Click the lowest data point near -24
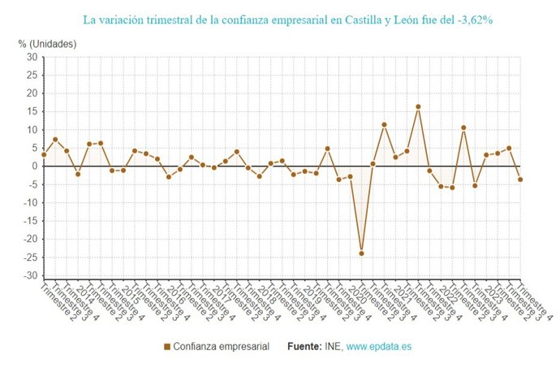coord(361,253)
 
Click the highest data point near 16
coord(418,106)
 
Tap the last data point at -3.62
coord(519,180)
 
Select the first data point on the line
coord(44,154)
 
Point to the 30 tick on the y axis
coord(31,57)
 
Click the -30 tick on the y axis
coord(29,276)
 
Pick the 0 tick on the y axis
coord(34,167)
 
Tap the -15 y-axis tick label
coord(29,221)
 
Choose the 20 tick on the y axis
coord(31,93)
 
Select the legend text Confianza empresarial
coord(221,347)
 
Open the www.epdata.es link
coord(379,347)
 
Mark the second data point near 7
coord(55,140)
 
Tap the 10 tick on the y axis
coord(31,130)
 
